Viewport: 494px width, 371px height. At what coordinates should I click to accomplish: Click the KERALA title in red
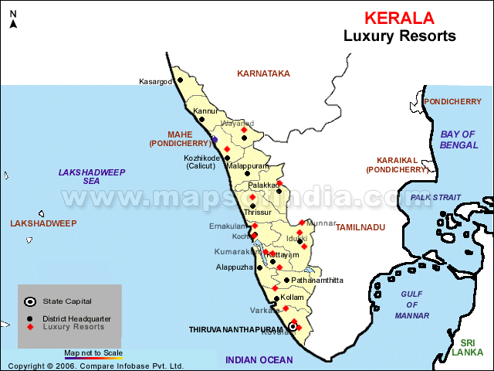click(x=398, y=18)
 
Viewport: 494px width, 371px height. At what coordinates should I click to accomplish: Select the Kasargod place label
click(x=155, y=81)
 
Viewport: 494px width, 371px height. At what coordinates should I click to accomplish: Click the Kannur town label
click(x=205, y=111)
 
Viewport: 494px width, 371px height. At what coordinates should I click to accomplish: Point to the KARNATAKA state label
click(x=263, y=73)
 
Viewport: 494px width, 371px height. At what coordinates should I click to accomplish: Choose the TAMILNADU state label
click(x=360, y=227)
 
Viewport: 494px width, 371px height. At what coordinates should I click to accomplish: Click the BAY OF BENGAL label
click(x=458, y=139)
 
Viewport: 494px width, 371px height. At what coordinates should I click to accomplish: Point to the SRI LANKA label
click(x=467, y=348)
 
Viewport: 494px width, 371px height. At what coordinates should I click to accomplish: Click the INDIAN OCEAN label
click(x=259, y=359)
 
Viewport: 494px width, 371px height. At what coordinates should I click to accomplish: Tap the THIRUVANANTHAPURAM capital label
click(x=237, y=329)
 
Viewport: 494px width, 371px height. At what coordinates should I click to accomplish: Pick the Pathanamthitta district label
click(x=317, y=281)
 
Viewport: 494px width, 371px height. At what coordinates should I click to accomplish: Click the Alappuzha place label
click(x=235, y=267)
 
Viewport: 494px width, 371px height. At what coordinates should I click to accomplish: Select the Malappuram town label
click(x=248, y=165)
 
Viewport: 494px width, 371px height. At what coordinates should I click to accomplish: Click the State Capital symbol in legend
click(x=29, y=301)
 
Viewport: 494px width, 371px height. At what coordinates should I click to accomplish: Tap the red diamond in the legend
click(x=30, y=327)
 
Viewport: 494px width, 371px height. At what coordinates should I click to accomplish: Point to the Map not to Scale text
click(x=93, y=352)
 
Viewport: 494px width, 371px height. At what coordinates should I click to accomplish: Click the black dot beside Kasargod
click(x=180, y=80)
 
